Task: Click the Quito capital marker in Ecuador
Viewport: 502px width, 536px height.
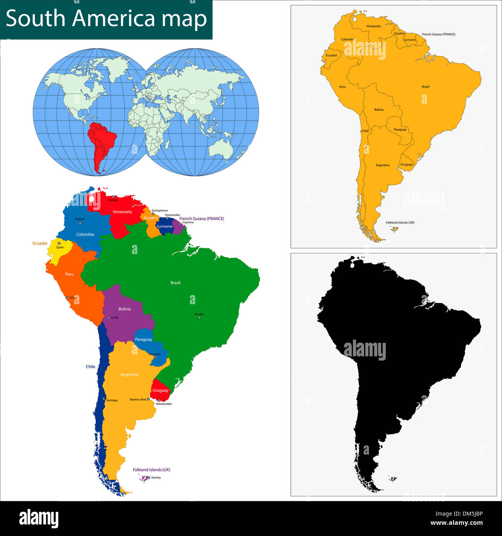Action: coord(59,243)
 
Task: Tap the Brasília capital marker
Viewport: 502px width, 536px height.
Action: coord(199,317)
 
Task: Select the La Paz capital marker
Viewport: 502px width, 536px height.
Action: coord(109,317)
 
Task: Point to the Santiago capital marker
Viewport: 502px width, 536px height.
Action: coord(104,399)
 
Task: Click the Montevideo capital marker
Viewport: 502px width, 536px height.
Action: coord(159,400)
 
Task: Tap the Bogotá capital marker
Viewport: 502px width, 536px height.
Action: coord(80,223)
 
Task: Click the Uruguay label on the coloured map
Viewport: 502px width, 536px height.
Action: coord(160,390)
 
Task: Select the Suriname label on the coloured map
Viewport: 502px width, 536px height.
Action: coord(165,226)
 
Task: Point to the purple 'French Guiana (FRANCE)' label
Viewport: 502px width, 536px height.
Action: coord(202,219)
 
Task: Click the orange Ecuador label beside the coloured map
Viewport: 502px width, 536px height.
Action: coord(40,243)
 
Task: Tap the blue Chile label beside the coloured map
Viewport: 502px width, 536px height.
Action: coord(90,367)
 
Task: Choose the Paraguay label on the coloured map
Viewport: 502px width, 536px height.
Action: coord(143,339)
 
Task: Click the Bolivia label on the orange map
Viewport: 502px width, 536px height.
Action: coord(379,110)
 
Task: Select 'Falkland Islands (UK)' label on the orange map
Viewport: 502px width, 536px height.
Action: coord(400,222)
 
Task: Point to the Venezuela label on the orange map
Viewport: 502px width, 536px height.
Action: coord(373,26)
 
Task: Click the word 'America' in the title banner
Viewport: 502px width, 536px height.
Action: coord(114,19)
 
